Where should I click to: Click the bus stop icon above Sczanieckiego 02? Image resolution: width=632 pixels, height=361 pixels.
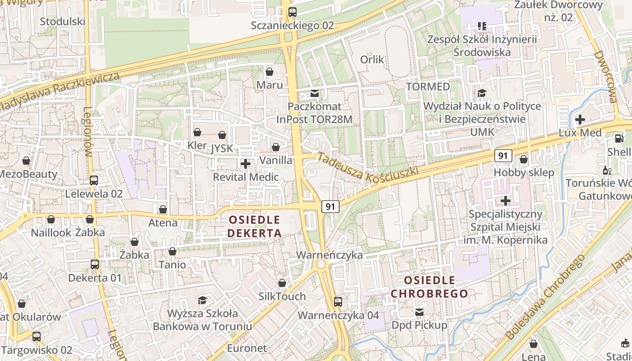[x=293, y=12]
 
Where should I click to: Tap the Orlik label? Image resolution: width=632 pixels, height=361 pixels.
[x=372, y=60]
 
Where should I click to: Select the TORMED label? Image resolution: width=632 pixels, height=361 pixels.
[x=428, y=86]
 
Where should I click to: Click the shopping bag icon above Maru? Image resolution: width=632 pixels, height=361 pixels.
[x=270, y=72]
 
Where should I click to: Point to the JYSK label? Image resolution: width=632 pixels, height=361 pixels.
[x=222, y=148]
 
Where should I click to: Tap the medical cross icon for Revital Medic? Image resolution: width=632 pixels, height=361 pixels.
[x=246, y=164]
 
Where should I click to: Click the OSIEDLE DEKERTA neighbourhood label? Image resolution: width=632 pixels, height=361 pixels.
[x=255, y=227]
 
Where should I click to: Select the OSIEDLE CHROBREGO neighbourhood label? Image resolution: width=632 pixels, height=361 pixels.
[x=429, y=287]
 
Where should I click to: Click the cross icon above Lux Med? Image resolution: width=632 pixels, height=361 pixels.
[x=580, y=120]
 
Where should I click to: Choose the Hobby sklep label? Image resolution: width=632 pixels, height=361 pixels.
[x=524, y=172]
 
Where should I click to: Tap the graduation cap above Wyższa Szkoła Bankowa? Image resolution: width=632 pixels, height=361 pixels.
[x=202, y=300]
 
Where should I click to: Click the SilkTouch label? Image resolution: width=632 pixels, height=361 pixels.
[x=282, y=296]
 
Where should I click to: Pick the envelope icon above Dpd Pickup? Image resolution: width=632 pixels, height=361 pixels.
[x=419, y=312]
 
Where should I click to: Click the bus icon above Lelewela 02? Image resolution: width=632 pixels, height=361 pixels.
[x=94, y=180]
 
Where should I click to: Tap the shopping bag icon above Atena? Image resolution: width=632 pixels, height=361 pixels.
[x=163, y=209]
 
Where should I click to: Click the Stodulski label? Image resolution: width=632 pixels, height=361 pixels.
[x=63, y=22]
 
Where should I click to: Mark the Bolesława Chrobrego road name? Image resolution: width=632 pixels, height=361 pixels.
[x=545, y=298]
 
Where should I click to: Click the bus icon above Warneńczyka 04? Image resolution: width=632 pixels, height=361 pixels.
[x=338, y=302]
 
